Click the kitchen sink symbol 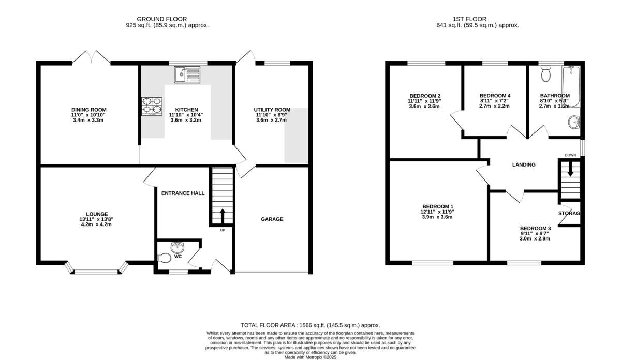(x=187, y=74)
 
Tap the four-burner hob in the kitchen (x=152, y=106)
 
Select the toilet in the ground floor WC (x=165, y=258)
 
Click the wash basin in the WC (x=177, y=247)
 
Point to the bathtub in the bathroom (x=571, y=86)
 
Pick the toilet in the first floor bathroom (x=546, y=74)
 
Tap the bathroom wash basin (x=574, y=122)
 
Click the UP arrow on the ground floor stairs (x=223, y=216)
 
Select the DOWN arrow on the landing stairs (x=570, y=169)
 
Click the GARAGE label (x=272, y=219)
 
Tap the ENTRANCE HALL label (x=183, y=193)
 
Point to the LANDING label (x=524, y=164)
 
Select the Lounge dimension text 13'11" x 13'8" (x=96, y=219)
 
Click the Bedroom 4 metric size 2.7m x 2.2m (x=494, y=106)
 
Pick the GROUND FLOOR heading (x=162, y=19)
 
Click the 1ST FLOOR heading (x=470, y=19)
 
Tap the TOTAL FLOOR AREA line (x=310, y=325)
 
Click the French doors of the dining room (x=92, y=57)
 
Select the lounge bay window (x=96, y=268)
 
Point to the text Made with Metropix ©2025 (x=310, y=357)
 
